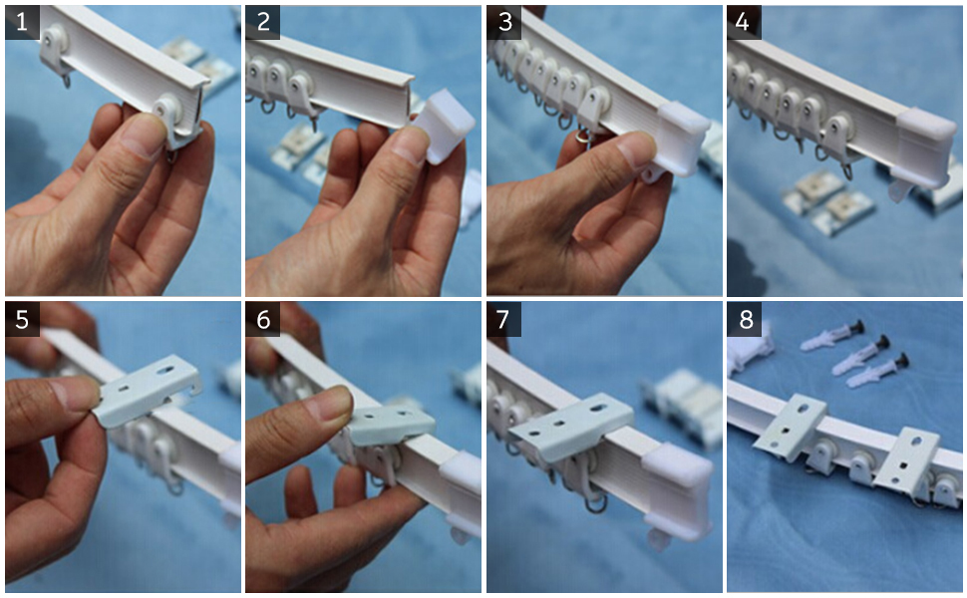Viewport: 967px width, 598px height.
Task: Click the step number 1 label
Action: click(x=22, y=22)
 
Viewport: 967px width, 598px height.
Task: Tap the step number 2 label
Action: click(x=263, y=22)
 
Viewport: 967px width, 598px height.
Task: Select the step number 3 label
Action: click(x=504, y=22)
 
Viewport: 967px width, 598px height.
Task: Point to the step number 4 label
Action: click(x=744, y=22)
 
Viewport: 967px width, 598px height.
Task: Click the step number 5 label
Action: click(x=22, y=319)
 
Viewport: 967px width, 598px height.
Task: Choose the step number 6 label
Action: click(x=263, y=319)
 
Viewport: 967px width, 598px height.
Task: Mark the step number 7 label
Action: click(x=504, y=319)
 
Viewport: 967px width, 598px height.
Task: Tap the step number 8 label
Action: click(x=744, y=319)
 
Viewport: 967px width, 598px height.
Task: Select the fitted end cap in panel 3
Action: click(x=682, y=139)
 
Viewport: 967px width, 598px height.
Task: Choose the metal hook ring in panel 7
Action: click(x=596, y=504)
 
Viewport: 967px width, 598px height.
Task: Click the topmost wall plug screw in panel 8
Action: click(x=832, y=336)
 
